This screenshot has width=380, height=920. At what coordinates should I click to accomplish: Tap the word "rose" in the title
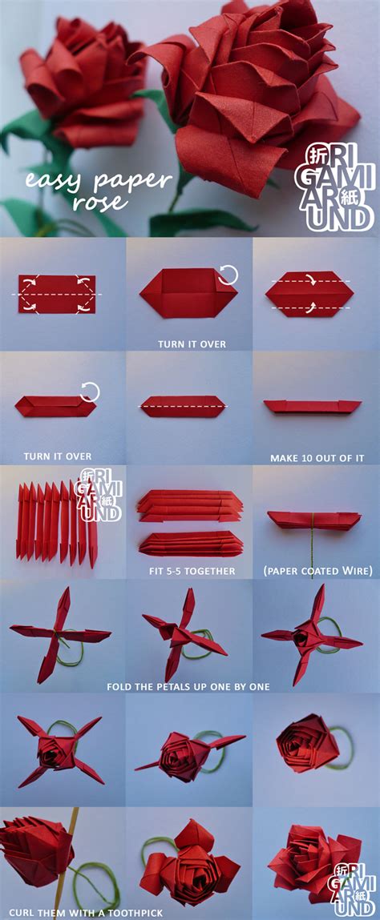(100, 201)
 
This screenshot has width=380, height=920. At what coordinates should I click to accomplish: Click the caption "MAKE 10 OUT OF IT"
(317, 458)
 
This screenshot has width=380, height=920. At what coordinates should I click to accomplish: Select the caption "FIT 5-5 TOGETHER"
(190, 571)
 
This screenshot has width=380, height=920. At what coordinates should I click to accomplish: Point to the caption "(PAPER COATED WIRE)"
(317, 571)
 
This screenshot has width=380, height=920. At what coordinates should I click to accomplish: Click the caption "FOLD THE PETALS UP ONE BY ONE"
(188, 686)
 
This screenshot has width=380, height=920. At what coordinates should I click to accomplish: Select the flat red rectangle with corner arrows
(57, 295)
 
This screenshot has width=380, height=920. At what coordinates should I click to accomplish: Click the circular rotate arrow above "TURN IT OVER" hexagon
(228, 276)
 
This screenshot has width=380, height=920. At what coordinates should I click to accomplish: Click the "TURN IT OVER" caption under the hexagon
(192, 344)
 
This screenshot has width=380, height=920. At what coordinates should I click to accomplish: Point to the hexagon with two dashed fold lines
(309, 295)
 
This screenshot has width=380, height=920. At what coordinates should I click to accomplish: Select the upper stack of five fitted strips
(189, 507)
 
